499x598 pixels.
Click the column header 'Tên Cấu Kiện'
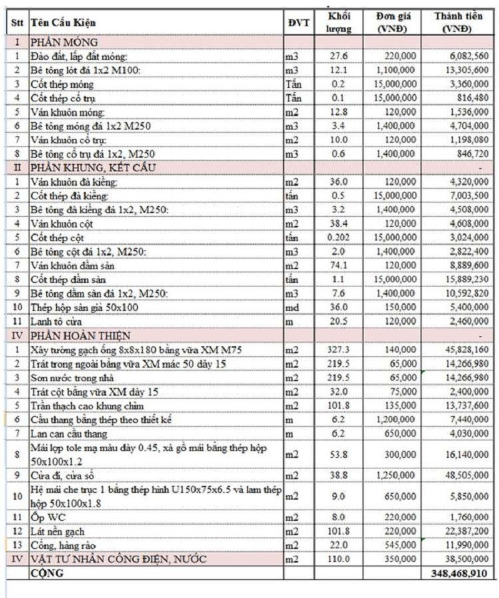[x=63, y=24]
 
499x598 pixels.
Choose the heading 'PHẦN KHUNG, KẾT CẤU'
[x=93, y=167]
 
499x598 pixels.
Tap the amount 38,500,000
[x=464, y=559]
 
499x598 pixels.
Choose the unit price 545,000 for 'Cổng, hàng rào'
[x=399, y=546]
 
